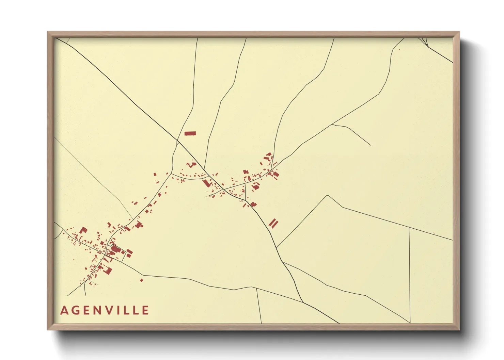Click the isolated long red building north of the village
point(190,133)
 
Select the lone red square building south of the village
point(142,280)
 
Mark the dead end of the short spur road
point(371,145)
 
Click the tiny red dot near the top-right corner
point(399,50)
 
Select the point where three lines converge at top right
point(426,46)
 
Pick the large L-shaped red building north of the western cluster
point(83,230)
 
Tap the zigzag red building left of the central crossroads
point(191,165)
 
